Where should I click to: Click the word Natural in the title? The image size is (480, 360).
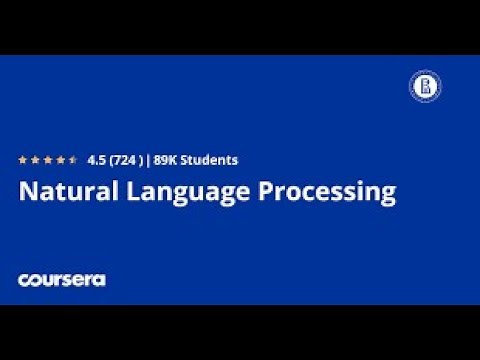[x=65, y=192]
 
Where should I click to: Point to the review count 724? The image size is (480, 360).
[x=124, y=159]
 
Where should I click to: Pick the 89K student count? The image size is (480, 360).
[x=167, y=159]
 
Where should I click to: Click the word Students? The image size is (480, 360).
[x=211, y=159]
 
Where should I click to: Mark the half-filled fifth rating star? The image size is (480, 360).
[x=73, y=159]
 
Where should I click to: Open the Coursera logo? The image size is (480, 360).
[x=61, y=280]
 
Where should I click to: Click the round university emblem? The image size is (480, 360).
[x=424, y=86]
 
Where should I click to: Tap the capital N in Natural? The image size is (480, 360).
[x=27, y=192]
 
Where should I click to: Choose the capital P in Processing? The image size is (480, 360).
[x=268, y=192]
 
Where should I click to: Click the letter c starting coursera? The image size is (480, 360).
[x=23, y=280]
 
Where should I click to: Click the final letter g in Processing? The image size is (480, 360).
[x=388, y=195]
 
